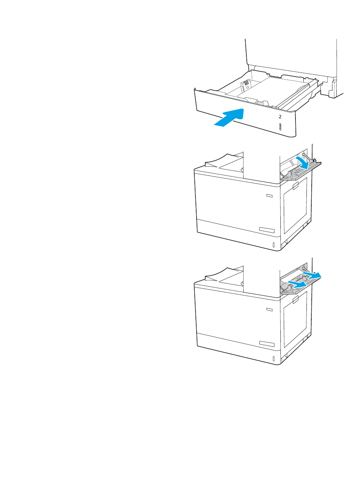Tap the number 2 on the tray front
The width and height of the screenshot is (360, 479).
tap(280, 117)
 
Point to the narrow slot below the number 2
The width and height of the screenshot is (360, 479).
tap(280, 127)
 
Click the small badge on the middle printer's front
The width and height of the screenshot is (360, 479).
tap(269, 195)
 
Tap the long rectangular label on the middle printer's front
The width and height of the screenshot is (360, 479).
tap(266, 230)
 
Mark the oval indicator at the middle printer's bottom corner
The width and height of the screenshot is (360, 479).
tap(274, 245)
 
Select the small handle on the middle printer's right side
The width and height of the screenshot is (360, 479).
tap(295, 186)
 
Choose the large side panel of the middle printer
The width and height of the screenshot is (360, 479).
tap(295, 205)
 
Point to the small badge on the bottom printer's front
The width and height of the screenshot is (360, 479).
tap(269, 309)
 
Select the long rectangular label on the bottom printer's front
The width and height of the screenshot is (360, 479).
tap(266, 344)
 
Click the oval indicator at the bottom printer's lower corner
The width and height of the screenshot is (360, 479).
tap(274, 358)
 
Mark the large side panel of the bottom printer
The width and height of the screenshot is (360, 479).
tap(295, 319)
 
